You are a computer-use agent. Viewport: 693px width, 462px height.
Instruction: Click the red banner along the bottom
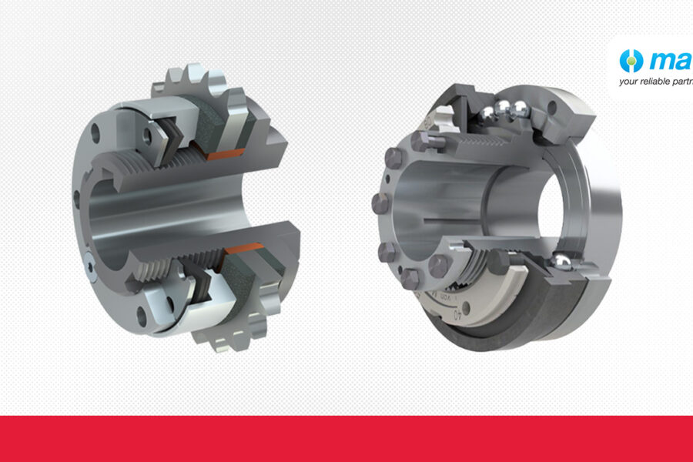tap(346, 439)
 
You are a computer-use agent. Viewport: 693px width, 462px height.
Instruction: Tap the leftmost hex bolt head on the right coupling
tap(380, 203)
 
